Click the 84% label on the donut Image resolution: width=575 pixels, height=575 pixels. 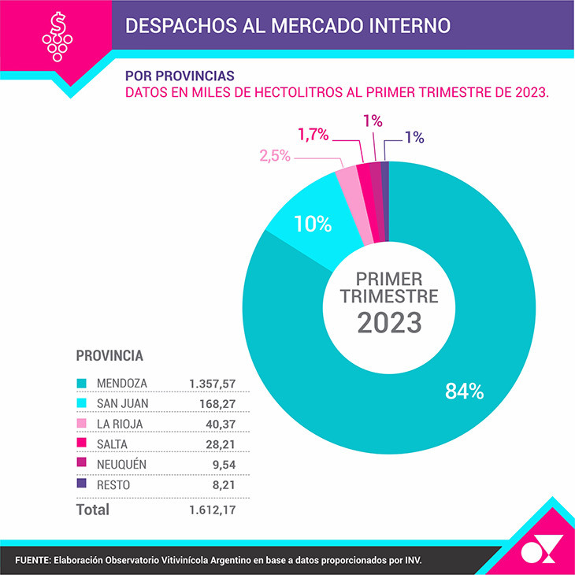464,391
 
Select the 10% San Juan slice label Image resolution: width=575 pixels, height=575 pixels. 312,224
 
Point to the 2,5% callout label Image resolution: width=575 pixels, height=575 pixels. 275,156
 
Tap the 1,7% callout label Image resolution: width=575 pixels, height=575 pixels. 313,135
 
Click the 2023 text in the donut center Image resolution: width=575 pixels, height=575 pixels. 389,322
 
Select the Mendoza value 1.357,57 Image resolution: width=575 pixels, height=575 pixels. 213,383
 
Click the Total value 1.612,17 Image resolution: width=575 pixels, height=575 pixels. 213,510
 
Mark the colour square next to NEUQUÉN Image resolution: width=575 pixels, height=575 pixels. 80,465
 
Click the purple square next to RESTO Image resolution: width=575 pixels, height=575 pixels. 80,485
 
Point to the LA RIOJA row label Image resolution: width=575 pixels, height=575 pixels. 120,424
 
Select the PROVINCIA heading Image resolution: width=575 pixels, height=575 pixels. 109,355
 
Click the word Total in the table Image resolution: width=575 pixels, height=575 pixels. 92,510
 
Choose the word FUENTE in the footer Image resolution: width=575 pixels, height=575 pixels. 31,560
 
